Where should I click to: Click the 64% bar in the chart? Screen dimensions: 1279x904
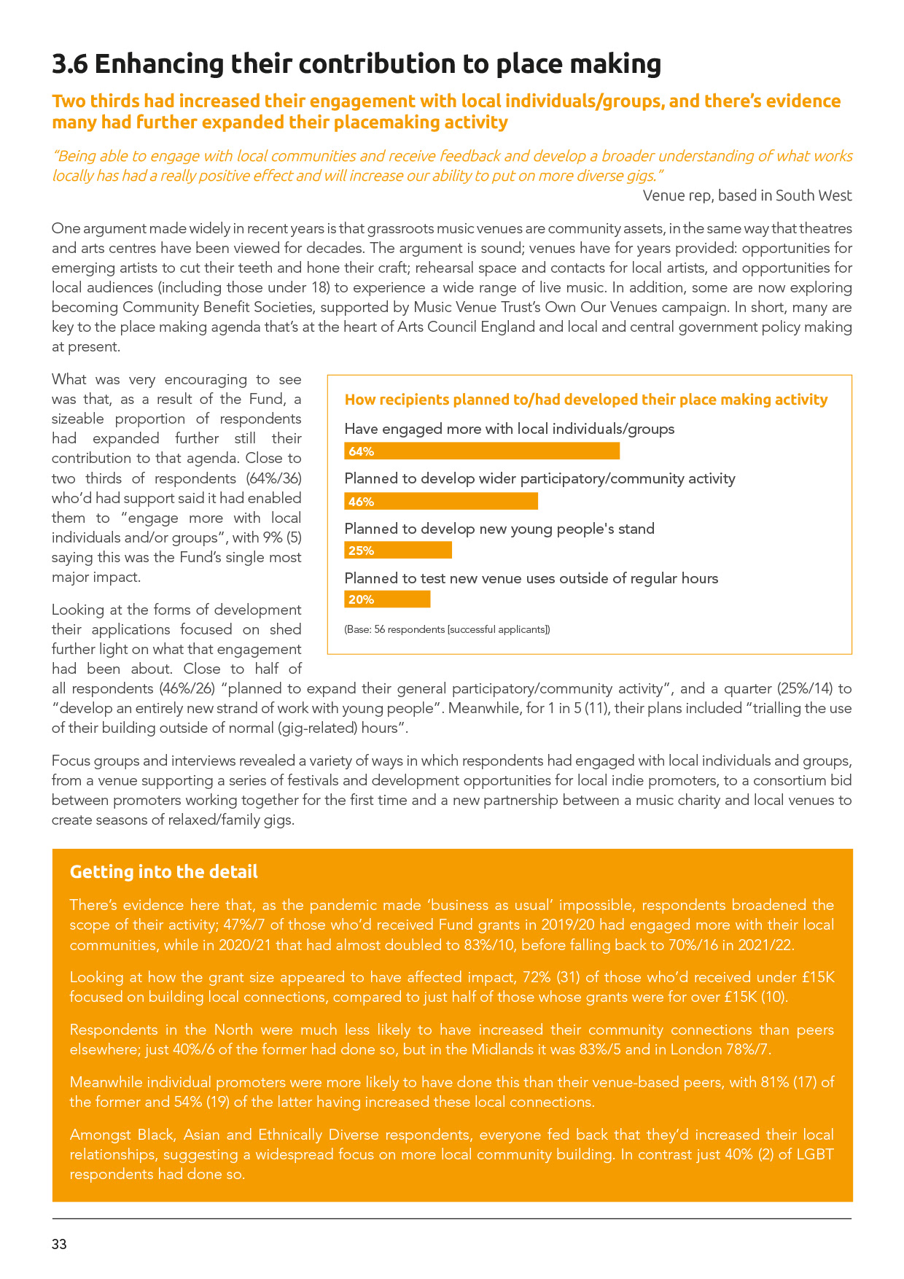tap(482, 451)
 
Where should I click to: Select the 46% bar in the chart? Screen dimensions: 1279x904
tap(441, 501)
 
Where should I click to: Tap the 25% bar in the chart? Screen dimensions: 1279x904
tap(398, 551)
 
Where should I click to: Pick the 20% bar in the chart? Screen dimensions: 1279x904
tap(387, 599)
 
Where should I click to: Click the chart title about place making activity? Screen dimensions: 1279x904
tap(585, 400)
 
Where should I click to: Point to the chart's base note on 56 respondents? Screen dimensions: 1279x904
tap(447, 629)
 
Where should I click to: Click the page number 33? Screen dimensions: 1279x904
tap(59, 1245)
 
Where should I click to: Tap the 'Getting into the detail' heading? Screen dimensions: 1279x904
tap(163, 872)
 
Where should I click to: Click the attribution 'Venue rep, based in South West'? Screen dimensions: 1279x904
tap(747, 195)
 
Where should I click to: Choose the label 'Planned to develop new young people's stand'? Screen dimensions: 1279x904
tap(499, 529)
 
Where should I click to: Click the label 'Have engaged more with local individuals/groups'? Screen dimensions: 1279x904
tap(509, 429)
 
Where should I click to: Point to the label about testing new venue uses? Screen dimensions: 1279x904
tap(531, 578)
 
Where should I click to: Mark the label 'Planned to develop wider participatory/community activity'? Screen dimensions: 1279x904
tap(539, 478)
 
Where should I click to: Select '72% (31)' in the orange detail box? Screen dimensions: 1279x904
tap(561, 977)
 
